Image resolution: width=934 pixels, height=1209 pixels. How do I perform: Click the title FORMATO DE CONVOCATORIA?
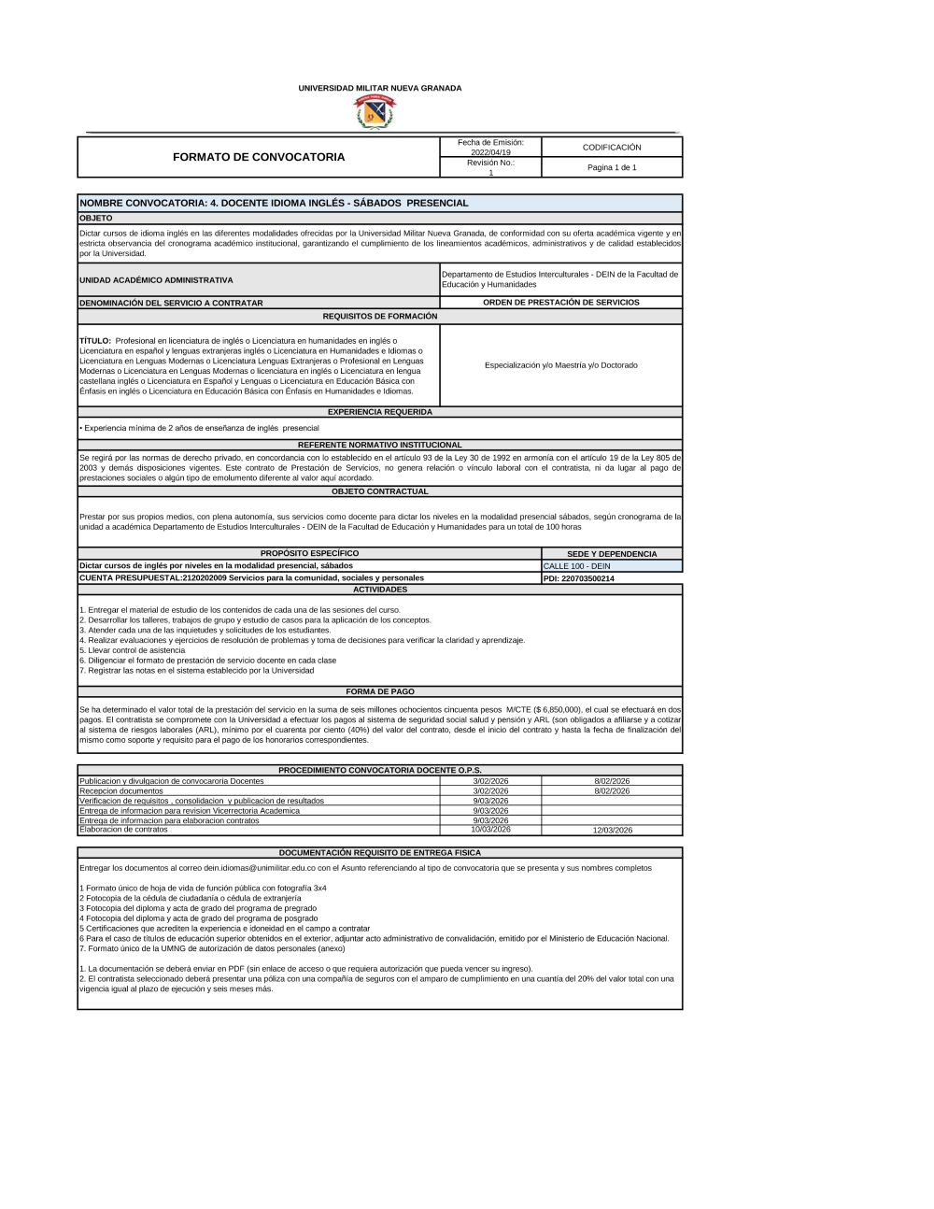pos(259,157)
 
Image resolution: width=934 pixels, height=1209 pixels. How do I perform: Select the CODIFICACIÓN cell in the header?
pos(612,148)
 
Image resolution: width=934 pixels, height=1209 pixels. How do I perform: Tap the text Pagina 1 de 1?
pos(612,167)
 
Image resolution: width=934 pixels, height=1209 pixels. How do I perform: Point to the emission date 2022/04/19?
pos(490,152)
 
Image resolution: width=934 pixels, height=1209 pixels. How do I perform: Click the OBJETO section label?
pos(96,218)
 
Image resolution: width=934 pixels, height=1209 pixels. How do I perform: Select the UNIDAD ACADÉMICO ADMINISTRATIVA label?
pos(156,279)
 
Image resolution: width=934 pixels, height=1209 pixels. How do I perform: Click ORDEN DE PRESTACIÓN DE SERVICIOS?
pos(560,302)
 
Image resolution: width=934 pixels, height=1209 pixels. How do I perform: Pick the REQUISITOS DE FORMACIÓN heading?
pos(379,316)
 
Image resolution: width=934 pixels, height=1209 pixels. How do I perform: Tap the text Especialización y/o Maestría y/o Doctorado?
pos(560,365)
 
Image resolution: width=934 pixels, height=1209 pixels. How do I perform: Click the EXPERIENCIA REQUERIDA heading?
pos(379,411)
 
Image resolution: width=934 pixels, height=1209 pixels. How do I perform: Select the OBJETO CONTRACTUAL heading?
pos(379,491)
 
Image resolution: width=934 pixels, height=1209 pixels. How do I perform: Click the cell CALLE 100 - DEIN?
pos(576,566)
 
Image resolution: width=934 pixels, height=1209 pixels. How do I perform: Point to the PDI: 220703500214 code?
pos(578,578)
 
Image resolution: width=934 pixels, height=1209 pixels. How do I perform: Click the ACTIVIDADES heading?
pos(379,590)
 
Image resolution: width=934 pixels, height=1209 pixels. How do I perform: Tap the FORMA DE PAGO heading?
pos(379,691)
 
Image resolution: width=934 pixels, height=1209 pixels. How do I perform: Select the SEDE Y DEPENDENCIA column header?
pos(612,554)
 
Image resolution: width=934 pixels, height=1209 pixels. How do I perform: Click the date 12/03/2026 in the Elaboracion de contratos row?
pos(612,830)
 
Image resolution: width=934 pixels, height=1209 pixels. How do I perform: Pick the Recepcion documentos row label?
pos(121,790)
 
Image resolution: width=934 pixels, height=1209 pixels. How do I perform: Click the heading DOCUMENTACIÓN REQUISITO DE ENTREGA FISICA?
pos(379,852)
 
